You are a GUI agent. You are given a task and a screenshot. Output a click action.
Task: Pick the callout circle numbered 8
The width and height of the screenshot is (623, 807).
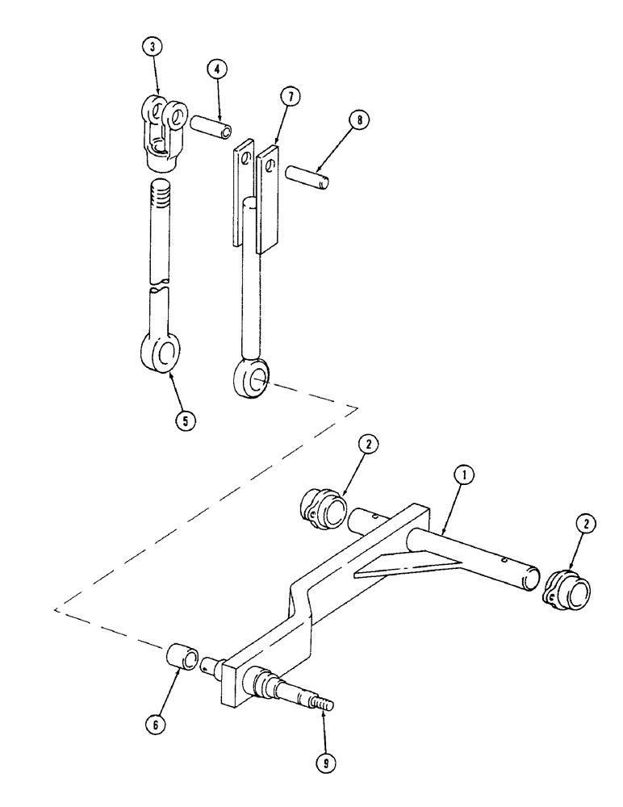pos(361,119)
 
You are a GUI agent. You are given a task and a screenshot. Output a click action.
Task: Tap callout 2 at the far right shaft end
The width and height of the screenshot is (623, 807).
pos(586,523)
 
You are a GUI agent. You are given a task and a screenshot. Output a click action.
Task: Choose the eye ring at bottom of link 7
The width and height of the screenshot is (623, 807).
pos(253,377)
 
